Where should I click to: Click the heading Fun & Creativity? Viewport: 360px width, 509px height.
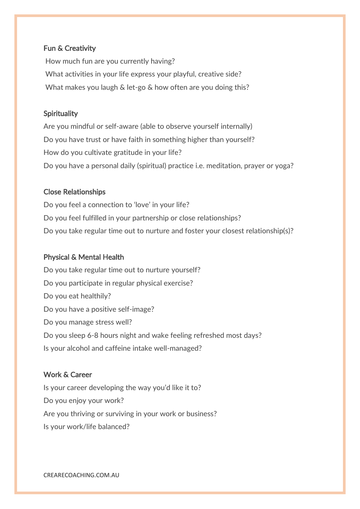[x=69, y=48]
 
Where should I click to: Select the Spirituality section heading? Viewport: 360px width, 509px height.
[x=60, y=114]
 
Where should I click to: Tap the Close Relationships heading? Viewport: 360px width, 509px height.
[x=74, y=192]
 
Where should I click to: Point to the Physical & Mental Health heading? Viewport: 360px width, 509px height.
[x=83, y=257]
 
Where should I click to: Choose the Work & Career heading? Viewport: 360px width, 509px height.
[x=67, y=375]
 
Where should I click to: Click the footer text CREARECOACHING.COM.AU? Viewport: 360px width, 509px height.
[x=81, y=475]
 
